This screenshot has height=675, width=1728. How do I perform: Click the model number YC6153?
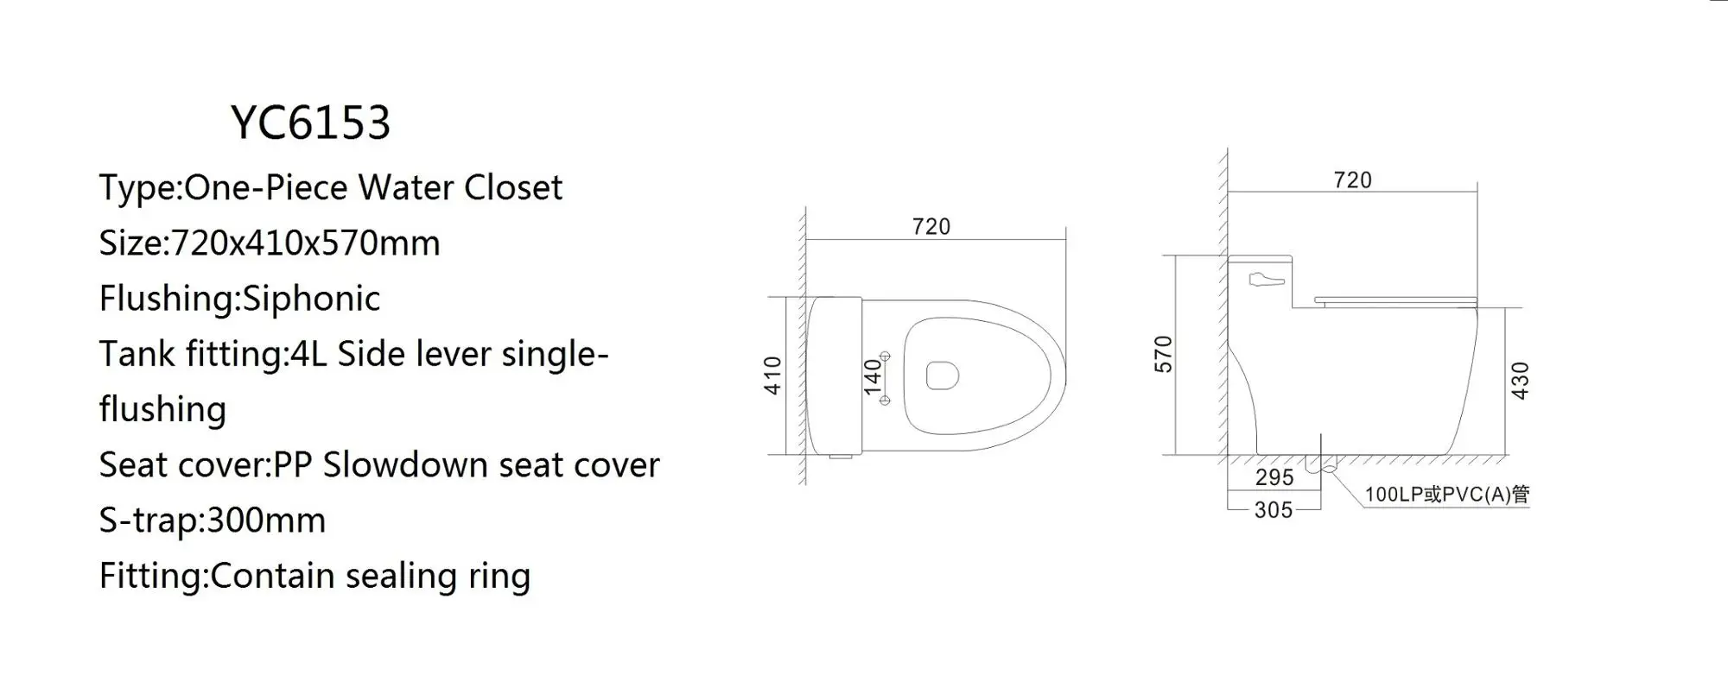tap(311, 123)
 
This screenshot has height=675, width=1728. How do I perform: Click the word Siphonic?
tap(311, 300)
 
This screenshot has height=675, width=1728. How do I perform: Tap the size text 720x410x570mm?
tap(306, 243)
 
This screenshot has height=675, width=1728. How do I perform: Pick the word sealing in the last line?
tap(401, 577)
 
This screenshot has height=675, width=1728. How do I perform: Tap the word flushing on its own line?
tap(162, 410)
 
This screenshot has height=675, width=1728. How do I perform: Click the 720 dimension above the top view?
tap(931, 227)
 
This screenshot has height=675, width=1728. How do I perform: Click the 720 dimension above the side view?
tap(1352, 180)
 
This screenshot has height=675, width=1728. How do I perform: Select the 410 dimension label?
tap(773, 375)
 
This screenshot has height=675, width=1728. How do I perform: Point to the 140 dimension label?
tap(873, 376)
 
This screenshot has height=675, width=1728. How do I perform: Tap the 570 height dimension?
tap(1164, 354)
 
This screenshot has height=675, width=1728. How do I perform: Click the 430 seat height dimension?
tap(1520, 380)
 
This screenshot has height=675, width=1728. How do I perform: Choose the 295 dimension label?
tap(1274, 477)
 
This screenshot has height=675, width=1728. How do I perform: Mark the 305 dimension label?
tap(1274, 510)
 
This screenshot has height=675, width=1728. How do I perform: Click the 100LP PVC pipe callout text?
tap(1446, 495)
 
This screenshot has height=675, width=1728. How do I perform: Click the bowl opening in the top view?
tap(942, 375)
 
